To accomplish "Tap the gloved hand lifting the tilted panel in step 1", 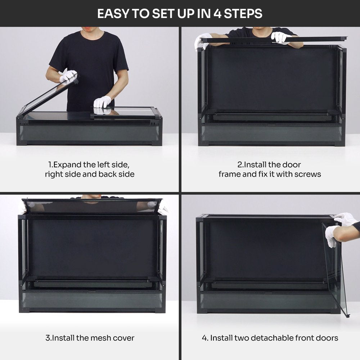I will (x=68, y=76).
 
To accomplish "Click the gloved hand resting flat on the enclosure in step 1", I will (x=102, y=102).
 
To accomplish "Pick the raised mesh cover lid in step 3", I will (x=92, y=206).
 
